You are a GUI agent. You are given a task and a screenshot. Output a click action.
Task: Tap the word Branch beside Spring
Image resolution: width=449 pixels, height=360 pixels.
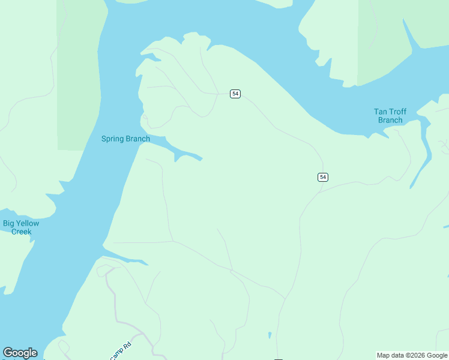click(137, 139)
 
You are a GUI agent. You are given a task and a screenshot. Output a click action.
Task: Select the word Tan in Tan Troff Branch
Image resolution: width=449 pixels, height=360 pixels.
click(381, 112)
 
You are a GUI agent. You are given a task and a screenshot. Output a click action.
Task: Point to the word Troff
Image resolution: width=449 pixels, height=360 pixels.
click(398, 112)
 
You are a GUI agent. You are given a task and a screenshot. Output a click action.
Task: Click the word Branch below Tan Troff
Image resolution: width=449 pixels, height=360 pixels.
click(390, 120)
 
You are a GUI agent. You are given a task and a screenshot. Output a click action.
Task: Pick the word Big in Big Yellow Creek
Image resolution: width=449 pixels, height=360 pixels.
click(9, 223)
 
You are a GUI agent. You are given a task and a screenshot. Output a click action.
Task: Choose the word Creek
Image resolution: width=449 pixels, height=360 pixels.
click(21, 232)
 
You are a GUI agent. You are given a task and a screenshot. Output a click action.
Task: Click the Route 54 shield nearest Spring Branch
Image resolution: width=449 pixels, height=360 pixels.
click(235, 94)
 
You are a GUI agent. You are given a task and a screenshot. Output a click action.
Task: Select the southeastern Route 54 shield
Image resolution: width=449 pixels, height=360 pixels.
click(323, 176)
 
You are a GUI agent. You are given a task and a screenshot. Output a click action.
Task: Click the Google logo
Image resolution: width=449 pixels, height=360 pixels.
click(20, 353)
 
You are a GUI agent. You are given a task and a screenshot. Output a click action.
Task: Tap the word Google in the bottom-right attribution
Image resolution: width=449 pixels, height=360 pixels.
click(437, 355)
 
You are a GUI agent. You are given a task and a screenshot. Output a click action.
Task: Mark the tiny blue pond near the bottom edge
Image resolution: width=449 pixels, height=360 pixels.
click(270, 335)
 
